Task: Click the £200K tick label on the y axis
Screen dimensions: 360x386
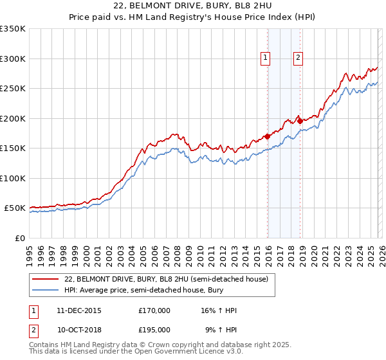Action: (13, 118)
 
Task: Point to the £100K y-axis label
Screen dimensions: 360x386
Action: (13, 178)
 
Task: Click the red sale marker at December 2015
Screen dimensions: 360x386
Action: (267, 136)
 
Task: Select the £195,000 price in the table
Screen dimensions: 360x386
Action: (154, 329)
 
